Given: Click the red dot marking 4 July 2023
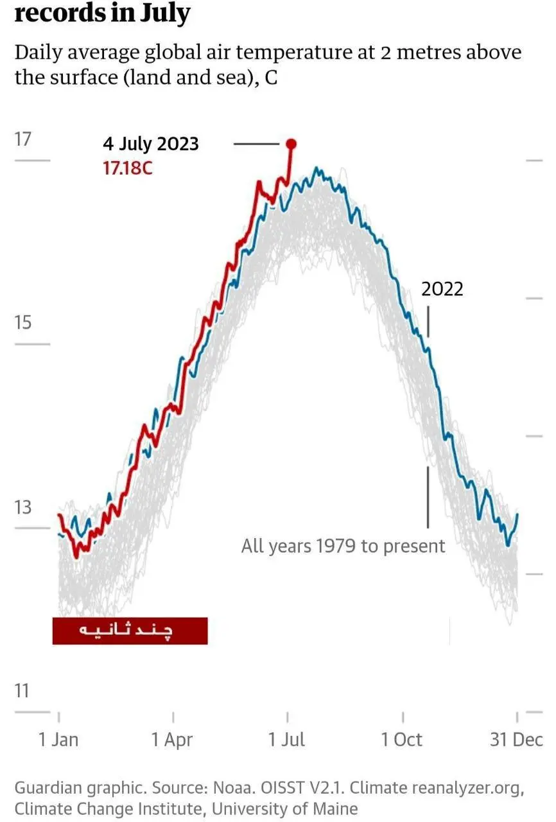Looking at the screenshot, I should (x=290, y=144).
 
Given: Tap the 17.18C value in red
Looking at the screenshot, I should (x=128, y=168).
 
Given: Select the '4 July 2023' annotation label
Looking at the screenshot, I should (x=150, y=143).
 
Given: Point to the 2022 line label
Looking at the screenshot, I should (x=442, y=289).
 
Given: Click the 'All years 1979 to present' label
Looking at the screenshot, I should (x=343, y=546).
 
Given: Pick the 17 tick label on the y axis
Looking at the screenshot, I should (x=23, y=139).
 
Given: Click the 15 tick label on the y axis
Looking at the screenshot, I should (x=23, y=322).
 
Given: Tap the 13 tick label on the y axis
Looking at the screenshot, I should (x=23, y=507).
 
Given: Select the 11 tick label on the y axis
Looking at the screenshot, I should (x=23, y=691).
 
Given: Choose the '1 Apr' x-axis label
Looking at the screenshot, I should (x=172, y=740).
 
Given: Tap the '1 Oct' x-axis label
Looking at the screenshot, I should (x=402, y=740).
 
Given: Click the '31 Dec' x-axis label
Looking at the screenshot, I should (x=516, y=740).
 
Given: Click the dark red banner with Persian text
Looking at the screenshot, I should (x=130, y=631).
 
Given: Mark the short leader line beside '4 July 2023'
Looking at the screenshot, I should (x=256, y=144).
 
